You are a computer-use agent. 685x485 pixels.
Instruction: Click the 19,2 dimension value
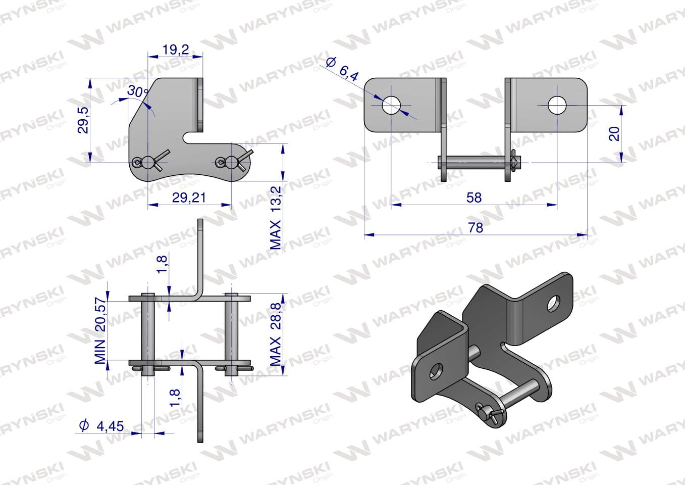click(175, 50)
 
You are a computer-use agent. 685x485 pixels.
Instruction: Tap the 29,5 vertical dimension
click(83, 120)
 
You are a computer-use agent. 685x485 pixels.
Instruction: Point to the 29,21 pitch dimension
click(189, 198)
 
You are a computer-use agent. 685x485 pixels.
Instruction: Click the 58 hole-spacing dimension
click(474, 198)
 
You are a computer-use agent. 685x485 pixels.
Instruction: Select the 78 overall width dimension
click(475, 228)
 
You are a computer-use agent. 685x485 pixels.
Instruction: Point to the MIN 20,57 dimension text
click(100, 330)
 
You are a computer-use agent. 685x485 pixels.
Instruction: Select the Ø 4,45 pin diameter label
click(101, 425)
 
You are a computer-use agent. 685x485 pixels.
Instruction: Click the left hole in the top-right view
click(391, 105)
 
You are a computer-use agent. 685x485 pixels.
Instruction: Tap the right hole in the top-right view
click(557, 105)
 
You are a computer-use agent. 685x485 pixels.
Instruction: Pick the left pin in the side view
click(148, 334)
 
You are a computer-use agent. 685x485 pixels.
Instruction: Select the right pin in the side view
click(232, 334)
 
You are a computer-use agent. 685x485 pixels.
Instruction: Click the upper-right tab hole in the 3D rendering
click(553, 303)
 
